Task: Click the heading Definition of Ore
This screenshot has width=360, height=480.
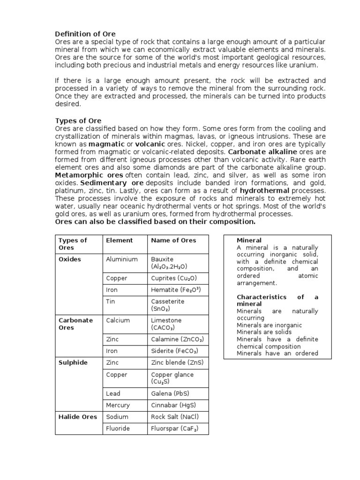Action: point(85,34)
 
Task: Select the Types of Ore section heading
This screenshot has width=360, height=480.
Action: point(78,120)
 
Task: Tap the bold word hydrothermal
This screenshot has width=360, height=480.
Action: point(264,191)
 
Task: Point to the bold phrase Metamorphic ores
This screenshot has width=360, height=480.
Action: point(82,175)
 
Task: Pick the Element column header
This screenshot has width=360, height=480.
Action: point(119,240)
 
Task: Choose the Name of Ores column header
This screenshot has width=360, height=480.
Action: point(173,240)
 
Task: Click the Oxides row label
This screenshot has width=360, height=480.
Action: point(70,259)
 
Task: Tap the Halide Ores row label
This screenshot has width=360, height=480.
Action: point(78,417)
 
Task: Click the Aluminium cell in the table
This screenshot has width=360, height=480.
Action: point(122,259)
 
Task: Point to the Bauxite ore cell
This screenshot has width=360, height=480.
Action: point(169,262)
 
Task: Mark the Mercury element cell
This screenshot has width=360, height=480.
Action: point(118,405)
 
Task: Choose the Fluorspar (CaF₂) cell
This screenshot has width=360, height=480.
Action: point(175,428)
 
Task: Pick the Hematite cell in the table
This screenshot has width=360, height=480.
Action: point(173,290)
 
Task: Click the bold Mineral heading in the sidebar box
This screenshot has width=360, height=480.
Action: point(249,240)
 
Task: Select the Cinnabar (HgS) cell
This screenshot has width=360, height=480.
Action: point(173,405)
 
